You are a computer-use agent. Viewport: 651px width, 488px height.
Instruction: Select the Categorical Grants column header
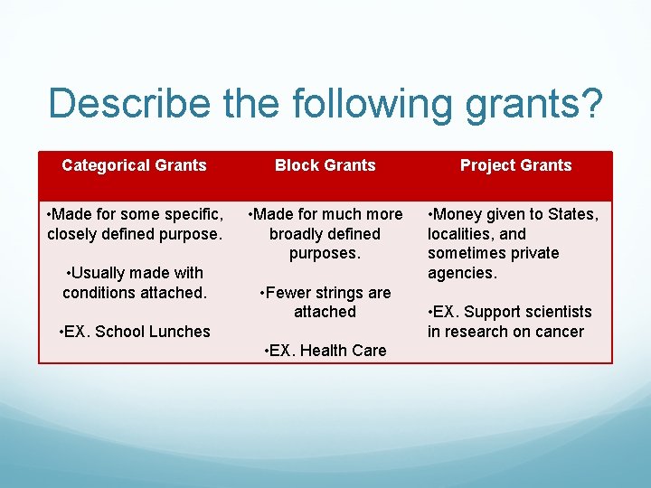coord(134,165)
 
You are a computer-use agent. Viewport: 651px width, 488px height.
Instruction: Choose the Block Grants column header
coord(325,165)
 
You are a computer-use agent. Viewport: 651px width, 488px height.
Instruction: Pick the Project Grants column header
coord(515,165)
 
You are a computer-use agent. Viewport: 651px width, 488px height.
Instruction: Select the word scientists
coord(554,312)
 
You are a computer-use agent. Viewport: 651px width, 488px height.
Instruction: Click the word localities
coord(461,234)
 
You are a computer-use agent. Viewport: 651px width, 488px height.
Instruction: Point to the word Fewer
coord(287,293)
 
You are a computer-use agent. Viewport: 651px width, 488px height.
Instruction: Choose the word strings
coord(340,293)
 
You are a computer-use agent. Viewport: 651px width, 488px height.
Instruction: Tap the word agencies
coord(460,273)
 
